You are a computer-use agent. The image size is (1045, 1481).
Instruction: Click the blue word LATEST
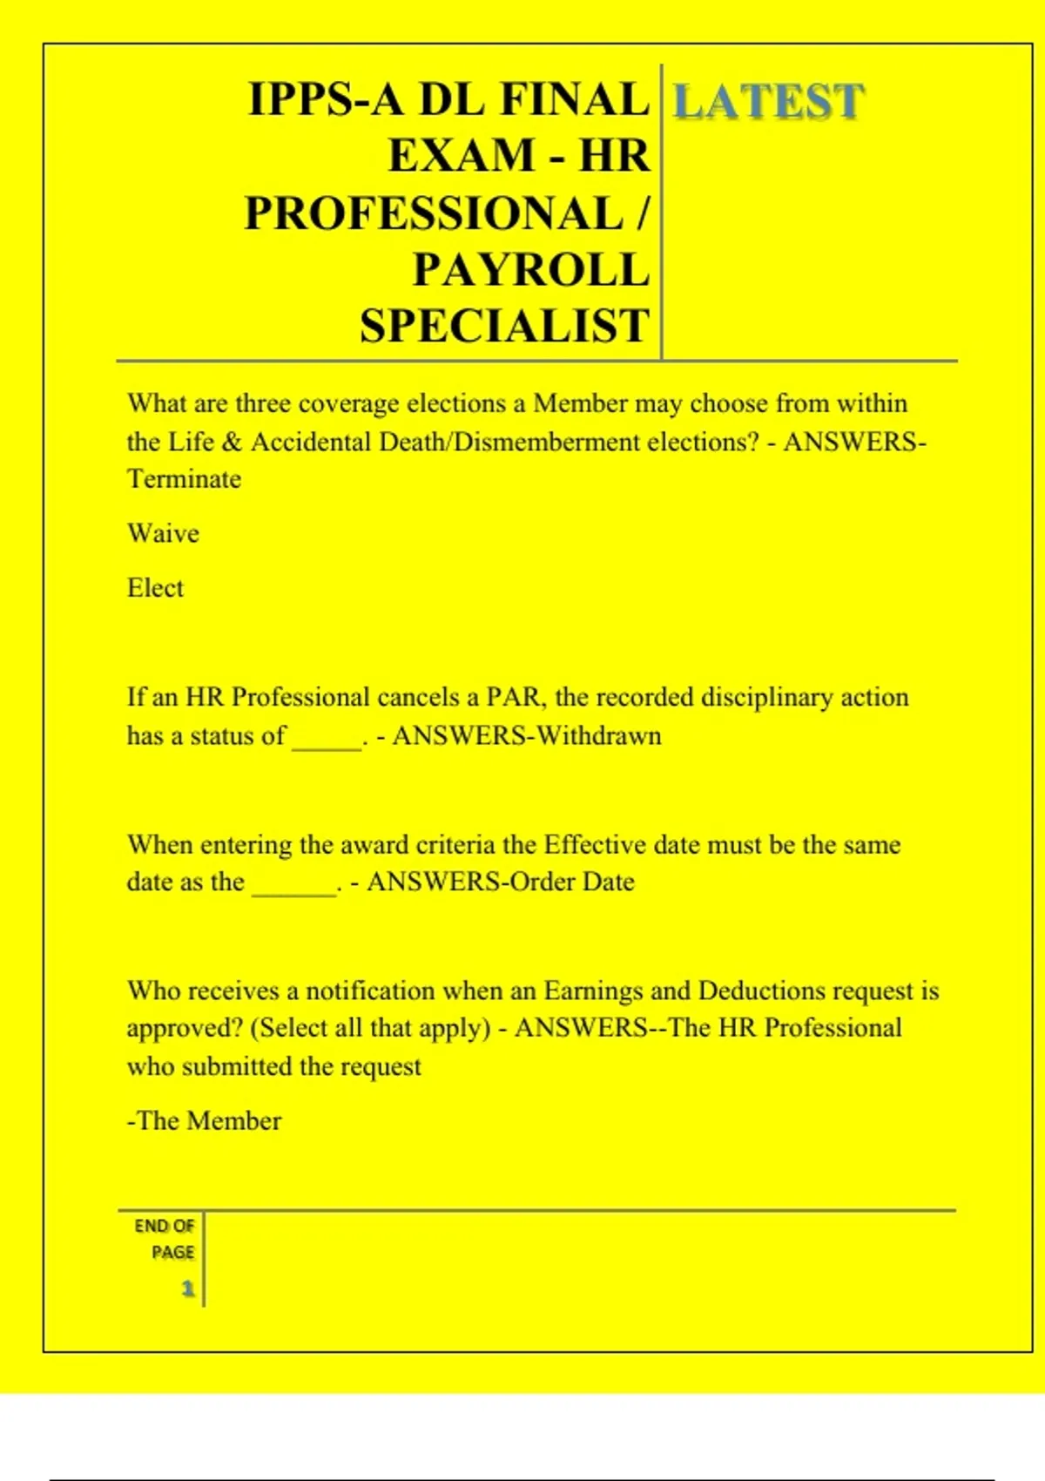[768, 101]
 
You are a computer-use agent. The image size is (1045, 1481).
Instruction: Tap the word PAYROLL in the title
[531, 269]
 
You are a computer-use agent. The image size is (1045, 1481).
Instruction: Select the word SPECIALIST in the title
[505, 326]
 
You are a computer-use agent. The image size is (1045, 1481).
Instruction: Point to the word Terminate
[184, 478]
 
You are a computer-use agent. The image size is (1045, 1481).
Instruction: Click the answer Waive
[163, 533]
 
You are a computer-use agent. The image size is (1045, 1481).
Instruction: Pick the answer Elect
[155, 588]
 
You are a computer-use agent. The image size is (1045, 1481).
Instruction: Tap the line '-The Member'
[205, 1120]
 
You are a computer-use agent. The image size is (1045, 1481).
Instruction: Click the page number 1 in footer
[187, 1288]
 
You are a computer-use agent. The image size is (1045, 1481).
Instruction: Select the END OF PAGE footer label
[165, 1239]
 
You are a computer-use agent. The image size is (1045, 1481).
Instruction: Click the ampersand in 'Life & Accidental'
[231, 442]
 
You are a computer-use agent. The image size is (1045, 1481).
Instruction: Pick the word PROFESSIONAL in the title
[434, 213]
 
